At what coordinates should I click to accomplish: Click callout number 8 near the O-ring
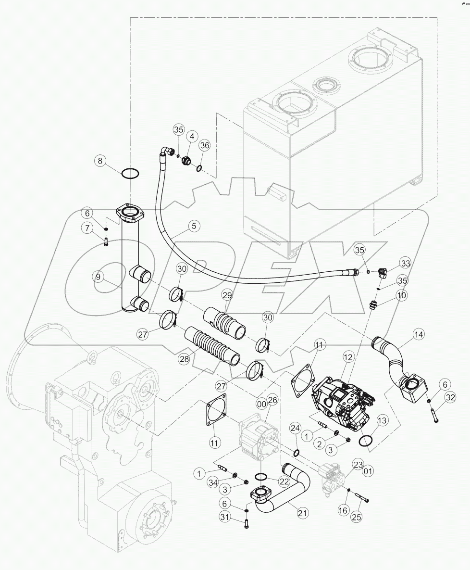tap(100, 161)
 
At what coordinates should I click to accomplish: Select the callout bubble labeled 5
tap(194, 225)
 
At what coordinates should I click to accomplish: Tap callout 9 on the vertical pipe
tap(98, 277)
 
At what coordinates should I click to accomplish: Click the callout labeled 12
tap(348, 357)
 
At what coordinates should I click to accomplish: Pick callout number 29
tap(227, 294)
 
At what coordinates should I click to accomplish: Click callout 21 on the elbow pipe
tap(302, 513)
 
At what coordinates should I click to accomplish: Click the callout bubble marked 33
tap(405, 263)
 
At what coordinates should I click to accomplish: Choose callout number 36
tap(204, 145)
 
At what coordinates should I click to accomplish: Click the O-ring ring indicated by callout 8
tap(131, 173)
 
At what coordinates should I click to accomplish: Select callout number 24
tap(295, 428)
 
